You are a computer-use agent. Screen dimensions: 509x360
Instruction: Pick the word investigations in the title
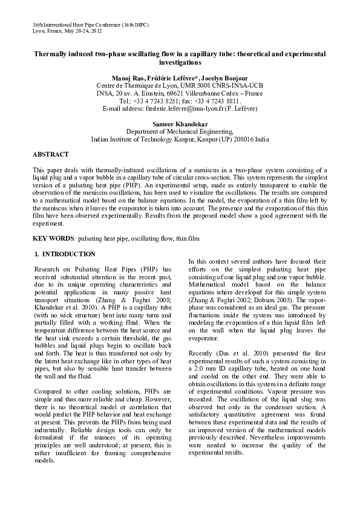(x=179, y=63)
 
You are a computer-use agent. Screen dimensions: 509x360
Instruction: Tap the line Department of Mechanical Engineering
(x=179, y=131)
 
